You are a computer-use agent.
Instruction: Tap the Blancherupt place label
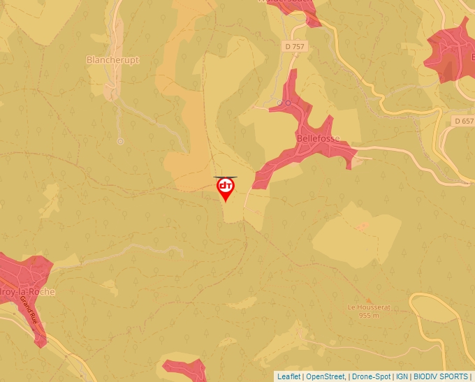tap(112, 60)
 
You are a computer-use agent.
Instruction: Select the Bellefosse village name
tap(318, 138)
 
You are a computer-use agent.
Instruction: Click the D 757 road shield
tap(295, 46)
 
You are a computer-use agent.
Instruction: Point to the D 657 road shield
tap(463, 121)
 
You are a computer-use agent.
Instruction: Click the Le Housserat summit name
tap(368, 307)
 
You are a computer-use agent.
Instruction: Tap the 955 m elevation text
tap(369, 315)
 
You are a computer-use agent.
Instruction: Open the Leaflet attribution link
tap(288, 376)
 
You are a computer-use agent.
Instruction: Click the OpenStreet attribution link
tap(325, 376)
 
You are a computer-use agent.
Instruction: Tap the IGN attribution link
tap(402, 376)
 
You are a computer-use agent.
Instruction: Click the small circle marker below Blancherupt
tap(120, 142)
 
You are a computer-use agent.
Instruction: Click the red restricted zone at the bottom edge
tap(186, 370)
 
